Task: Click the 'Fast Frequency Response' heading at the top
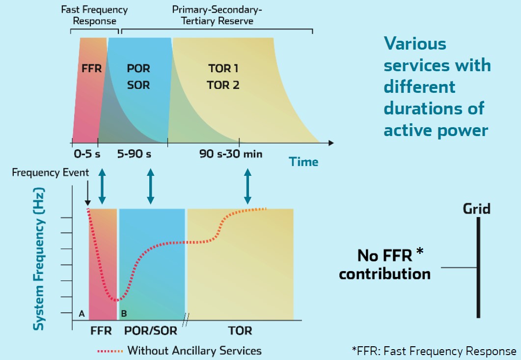94,15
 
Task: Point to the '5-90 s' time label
134,154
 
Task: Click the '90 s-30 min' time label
231,154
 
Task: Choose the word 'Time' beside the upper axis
303,162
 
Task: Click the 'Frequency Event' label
51,172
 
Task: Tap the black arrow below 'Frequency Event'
87,194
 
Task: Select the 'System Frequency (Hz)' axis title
39,258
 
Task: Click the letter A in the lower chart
82,313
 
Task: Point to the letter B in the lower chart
124,313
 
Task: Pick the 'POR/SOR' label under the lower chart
150,330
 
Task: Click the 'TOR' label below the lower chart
241,330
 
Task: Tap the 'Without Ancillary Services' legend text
194,351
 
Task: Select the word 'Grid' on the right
476,209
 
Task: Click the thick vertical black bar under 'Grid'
478,268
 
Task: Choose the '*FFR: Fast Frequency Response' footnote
434,351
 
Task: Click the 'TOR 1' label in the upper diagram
223,68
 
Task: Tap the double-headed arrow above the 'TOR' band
248,186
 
